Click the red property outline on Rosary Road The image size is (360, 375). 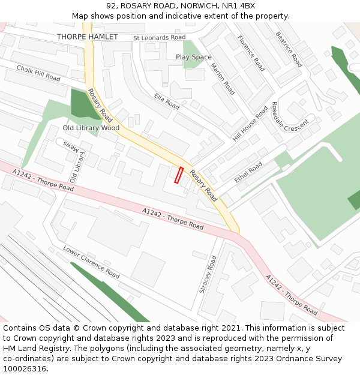(178, 175)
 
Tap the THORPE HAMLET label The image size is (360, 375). (87, 37)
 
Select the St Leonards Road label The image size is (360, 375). (159, 37)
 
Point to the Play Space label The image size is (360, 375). (193, 57)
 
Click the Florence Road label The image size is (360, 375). (251, 53)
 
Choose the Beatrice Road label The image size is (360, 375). (288, 49)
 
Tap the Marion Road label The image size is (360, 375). (223, 79)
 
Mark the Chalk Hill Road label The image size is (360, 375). (38, 74)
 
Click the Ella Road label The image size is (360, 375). (166, 101)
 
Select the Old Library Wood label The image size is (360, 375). (91, 128)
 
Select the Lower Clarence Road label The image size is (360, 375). (91, 261)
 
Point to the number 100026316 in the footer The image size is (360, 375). (24, 369)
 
